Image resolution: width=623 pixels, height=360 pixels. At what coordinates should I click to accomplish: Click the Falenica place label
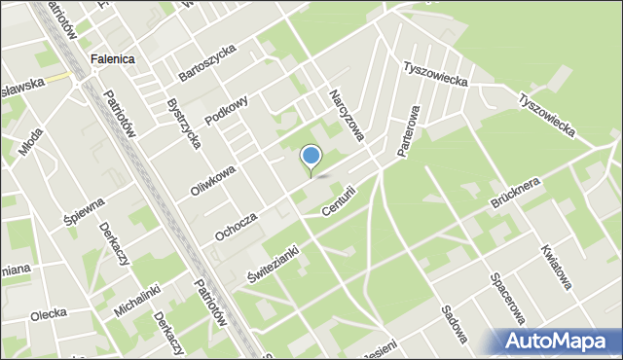point(112,58)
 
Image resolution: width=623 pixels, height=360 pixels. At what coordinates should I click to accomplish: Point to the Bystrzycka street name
point(184,124)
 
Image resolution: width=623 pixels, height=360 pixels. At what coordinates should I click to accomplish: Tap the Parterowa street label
point(409,131)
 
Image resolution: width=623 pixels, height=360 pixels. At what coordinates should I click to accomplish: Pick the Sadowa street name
point(454,324)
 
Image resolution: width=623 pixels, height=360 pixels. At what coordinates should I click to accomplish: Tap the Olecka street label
point(48,313)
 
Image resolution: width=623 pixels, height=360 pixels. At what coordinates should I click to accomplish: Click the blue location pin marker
point(311,157)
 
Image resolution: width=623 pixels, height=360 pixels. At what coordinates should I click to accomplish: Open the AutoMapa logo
point(558,342)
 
